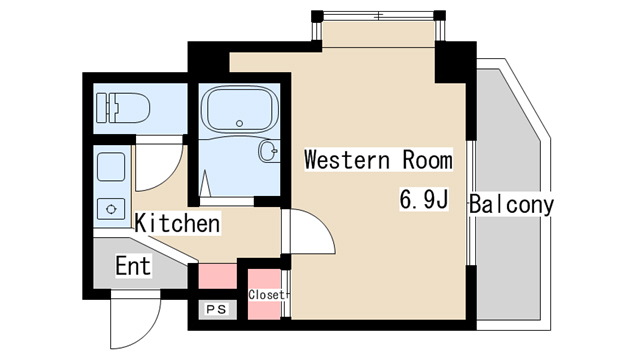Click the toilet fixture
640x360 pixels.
tap(123, 108)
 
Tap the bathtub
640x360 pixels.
tap(240, 109)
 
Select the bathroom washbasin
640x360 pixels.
tap(269, 151)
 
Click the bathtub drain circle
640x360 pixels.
tap(240, 123)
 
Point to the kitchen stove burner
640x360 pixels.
tap(111, 209)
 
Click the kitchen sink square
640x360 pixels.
tap(111, 167)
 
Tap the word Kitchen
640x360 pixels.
tap(177, 223)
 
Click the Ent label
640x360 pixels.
tap(133, 266)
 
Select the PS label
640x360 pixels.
tap(217, 309)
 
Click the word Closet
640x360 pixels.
tap(266, 295)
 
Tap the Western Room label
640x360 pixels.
tap(378, 159)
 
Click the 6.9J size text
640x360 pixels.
tap(424, 200)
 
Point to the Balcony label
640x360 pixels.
tap(511, 204)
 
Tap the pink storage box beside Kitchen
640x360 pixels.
tap(218, 276)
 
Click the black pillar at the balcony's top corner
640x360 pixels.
tap(456, 62)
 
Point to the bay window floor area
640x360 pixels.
tap(378, 34)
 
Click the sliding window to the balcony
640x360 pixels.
tap(471, 203)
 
